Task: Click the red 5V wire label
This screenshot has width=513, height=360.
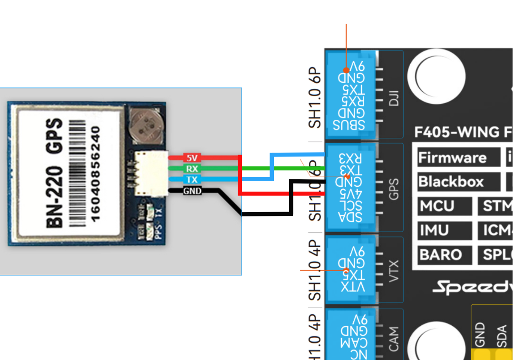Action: [x=192, y=157]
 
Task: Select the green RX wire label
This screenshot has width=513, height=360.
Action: [x=192, y=168]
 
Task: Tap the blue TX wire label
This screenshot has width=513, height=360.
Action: [x=192, y=180]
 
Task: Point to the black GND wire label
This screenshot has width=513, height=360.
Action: [x=192, y=191]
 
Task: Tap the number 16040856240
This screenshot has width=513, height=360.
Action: [x=96, y=174]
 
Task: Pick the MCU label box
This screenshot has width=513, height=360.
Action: [x=437, y=206]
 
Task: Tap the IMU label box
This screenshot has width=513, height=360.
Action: [x=435, y=231]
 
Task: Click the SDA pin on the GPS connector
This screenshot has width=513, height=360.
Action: [x=349, y=218]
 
